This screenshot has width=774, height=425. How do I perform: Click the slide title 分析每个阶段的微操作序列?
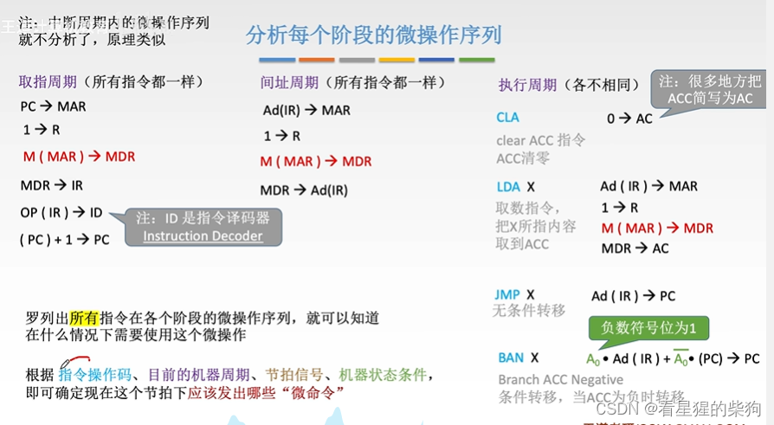click(373, 35)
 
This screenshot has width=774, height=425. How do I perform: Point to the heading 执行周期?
click(527, 85)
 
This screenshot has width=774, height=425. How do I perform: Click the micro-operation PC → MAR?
click(53, 107)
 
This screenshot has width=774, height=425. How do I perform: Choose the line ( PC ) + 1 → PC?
click(65, 240)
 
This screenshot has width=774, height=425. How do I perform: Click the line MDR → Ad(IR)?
click(304, 190)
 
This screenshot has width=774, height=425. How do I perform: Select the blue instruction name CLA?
click(508, 118)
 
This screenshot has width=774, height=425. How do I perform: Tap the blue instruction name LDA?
click(508, 187)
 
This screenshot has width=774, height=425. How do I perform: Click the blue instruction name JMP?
click(508, 295)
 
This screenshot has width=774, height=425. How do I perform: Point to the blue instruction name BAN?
click(511, 357)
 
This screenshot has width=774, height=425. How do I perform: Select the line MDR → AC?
click(635, 248)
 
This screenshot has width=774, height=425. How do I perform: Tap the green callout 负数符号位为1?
click(649, 328)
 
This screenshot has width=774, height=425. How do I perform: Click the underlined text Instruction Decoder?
click(203, 236)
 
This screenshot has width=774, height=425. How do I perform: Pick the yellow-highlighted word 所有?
click(84, 319)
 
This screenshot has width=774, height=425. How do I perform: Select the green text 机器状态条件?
click(383, 375)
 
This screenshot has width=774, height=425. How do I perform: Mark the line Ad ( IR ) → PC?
click(633, 296)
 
